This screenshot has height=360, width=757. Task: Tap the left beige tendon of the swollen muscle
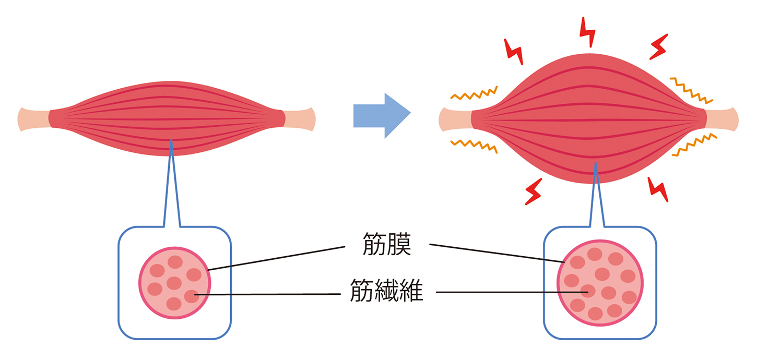(x=455, y=118)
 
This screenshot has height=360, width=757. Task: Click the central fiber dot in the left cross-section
(x=174, y=283)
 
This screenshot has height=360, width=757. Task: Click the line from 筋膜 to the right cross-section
(x=496, y=253)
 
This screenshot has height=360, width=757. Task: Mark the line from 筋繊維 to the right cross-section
(x=512, y=292)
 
